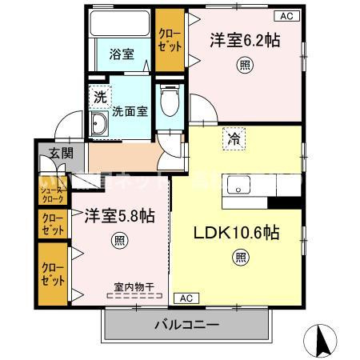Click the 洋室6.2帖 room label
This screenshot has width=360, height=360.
click(x=245, y=39)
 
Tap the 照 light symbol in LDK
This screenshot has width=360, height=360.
click(x=241, y=257)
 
